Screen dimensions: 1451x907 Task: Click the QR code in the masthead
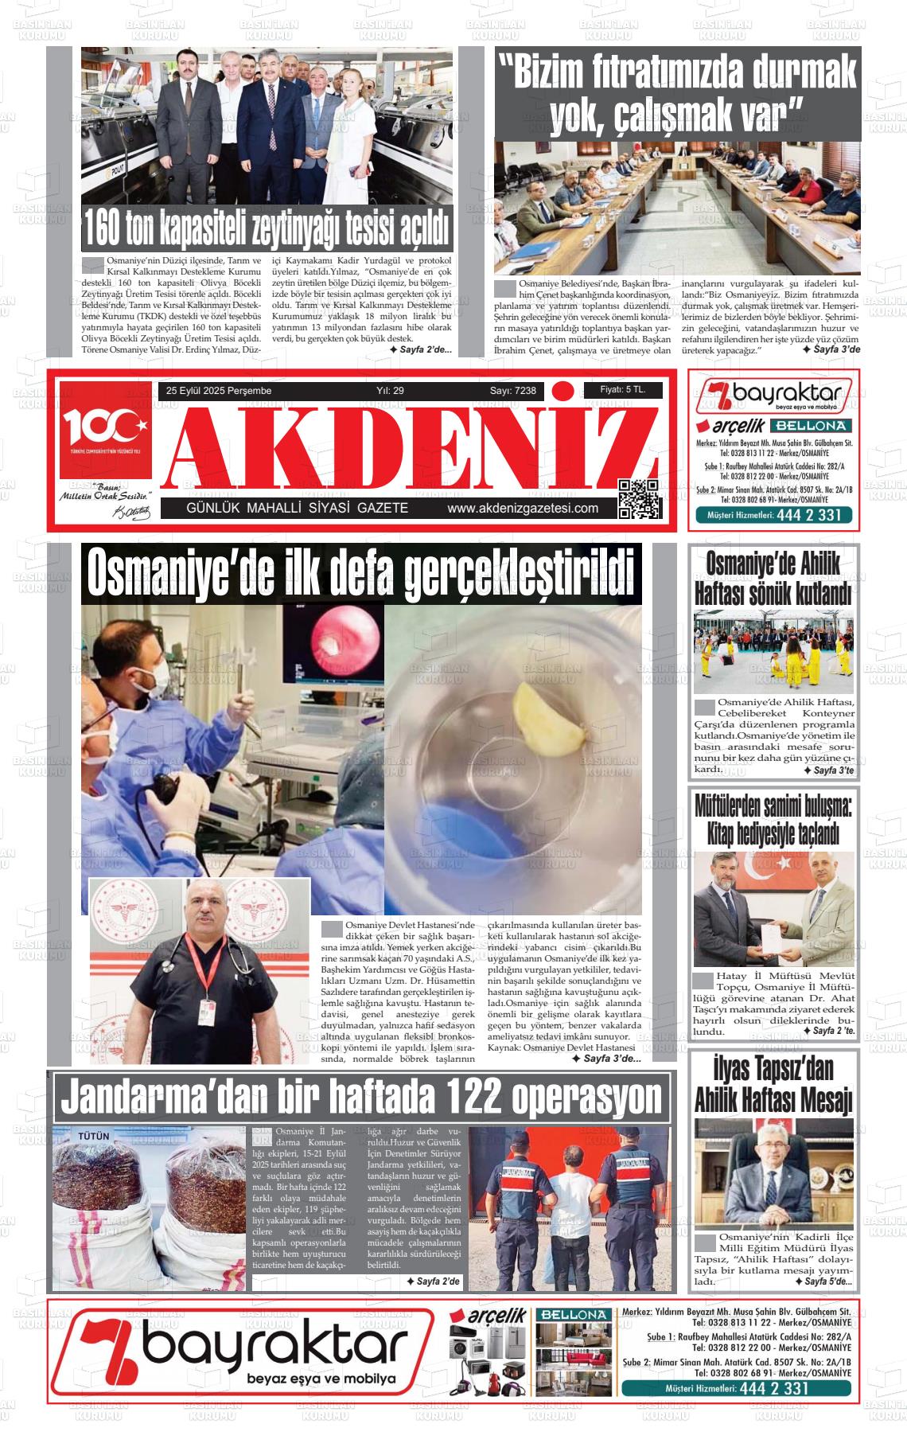click(640, 499)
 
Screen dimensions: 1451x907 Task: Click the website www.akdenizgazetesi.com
click(523, 509)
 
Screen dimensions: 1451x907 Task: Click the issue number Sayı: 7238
click(512, 391)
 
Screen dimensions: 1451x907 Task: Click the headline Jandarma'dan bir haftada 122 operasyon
click(361, 1098)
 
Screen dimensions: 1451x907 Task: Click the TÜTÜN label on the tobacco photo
click(94, 1136)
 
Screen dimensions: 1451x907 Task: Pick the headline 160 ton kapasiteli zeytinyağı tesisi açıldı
click(267, 229)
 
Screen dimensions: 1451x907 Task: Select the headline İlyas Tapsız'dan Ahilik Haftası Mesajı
click(773, 1084)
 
